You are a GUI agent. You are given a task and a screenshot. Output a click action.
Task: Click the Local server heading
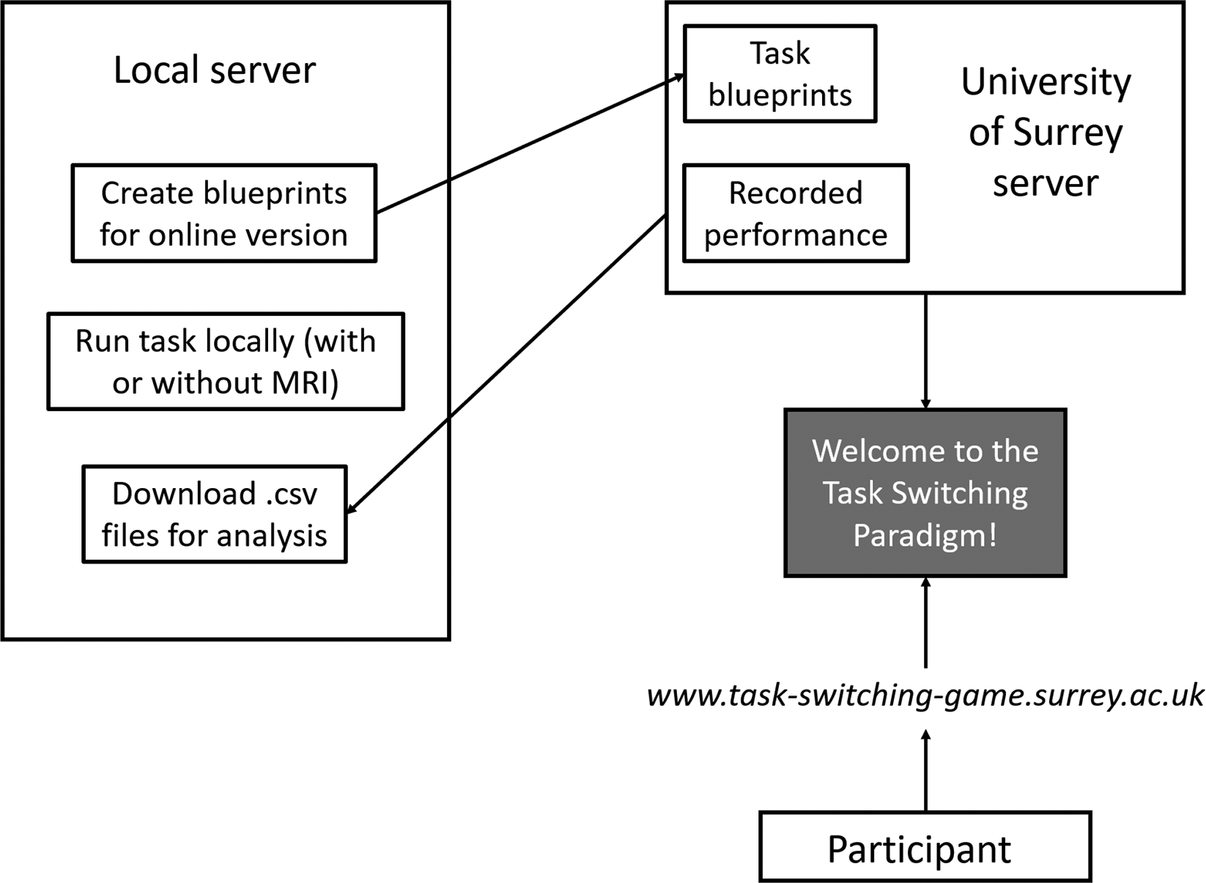[214, 70]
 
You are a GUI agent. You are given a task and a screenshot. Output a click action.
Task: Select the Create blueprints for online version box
[223, 213]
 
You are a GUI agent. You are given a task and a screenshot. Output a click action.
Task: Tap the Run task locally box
[226, 361]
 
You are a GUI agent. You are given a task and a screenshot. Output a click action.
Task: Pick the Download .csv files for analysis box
[214, 514]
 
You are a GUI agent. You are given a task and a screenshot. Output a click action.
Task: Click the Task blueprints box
[780, 74]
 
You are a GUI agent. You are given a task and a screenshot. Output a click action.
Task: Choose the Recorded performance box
[795, 213]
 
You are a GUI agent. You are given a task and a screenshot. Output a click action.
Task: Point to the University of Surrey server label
[1046, 132]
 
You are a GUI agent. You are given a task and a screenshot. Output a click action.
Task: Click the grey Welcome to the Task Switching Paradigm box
[925, 492]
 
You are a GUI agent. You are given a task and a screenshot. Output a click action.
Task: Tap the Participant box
[925, 847]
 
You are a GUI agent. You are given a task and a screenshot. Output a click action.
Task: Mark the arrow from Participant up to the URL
[925, 769]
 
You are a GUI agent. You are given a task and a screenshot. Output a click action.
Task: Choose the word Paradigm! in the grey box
[925, 536]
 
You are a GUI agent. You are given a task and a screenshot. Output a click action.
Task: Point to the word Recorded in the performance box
[795, 193]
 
